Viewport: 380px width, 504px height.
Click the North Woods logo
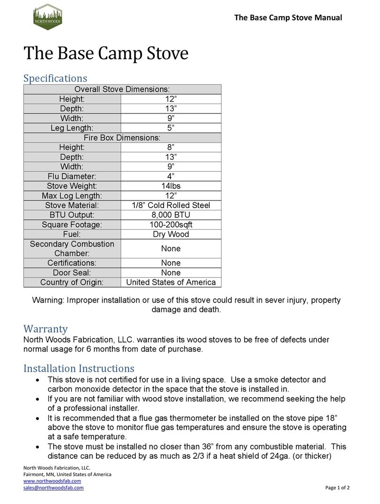pyautogui.click(x=47, y=17)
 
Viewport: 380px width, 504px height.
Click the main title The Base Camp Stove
pyautogui.click(x=106, y=54)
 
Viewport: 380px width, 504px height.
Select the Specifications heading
pyautogui.click(x=55, y=78)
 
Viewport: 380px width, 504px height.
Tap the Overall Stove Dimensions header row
pyautogui.click(x=122, y=89)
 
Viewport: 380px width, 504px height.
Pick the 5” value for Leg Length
pyautogui.click(x=171, y=128)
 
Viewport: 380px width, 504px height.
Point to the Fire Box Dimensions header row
pyautogui.click(x=122, y=137)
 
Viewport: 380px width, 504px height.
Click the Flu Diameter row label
pyautogui.click(x=72, y=176)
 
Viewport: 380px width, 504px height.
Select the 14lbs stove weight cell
pyautogui.click(x=171, y=186)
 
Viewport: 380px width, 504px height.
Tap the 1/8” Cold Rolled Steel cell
pyautogui.click(x=171, y=205)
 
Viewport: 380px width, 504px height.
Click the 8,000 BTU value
pyautogui.click(x=171, y=215)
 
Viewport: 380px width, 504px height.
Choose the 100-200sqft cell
pyautogui.click(x=171, y=224)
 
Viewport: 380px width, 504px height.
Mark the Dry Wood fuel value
pyautogui.click(x=171, y=234)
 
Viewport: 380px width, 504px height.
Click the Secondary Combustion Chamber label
pyautogui.click(x=72, y=248)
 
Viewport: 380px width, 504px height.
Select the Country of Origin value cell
pyautogui.click(x=171, y=282)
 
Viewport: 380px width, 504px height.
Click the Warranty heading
pyautogui.click(x=46, y=328)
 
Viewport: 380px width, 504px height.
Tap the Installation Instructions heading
pyautogui.click(x=79, y=368)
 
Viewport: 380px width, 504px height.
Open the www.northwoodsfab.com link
pyautogui.click(x=52, y=481)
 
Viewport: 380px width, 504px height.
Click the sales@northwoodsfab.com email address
pyautogui.click(x=53, y=488)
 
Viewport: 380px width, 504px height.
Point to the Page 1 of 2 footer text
pyautogui.click(x=337, y=488)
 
